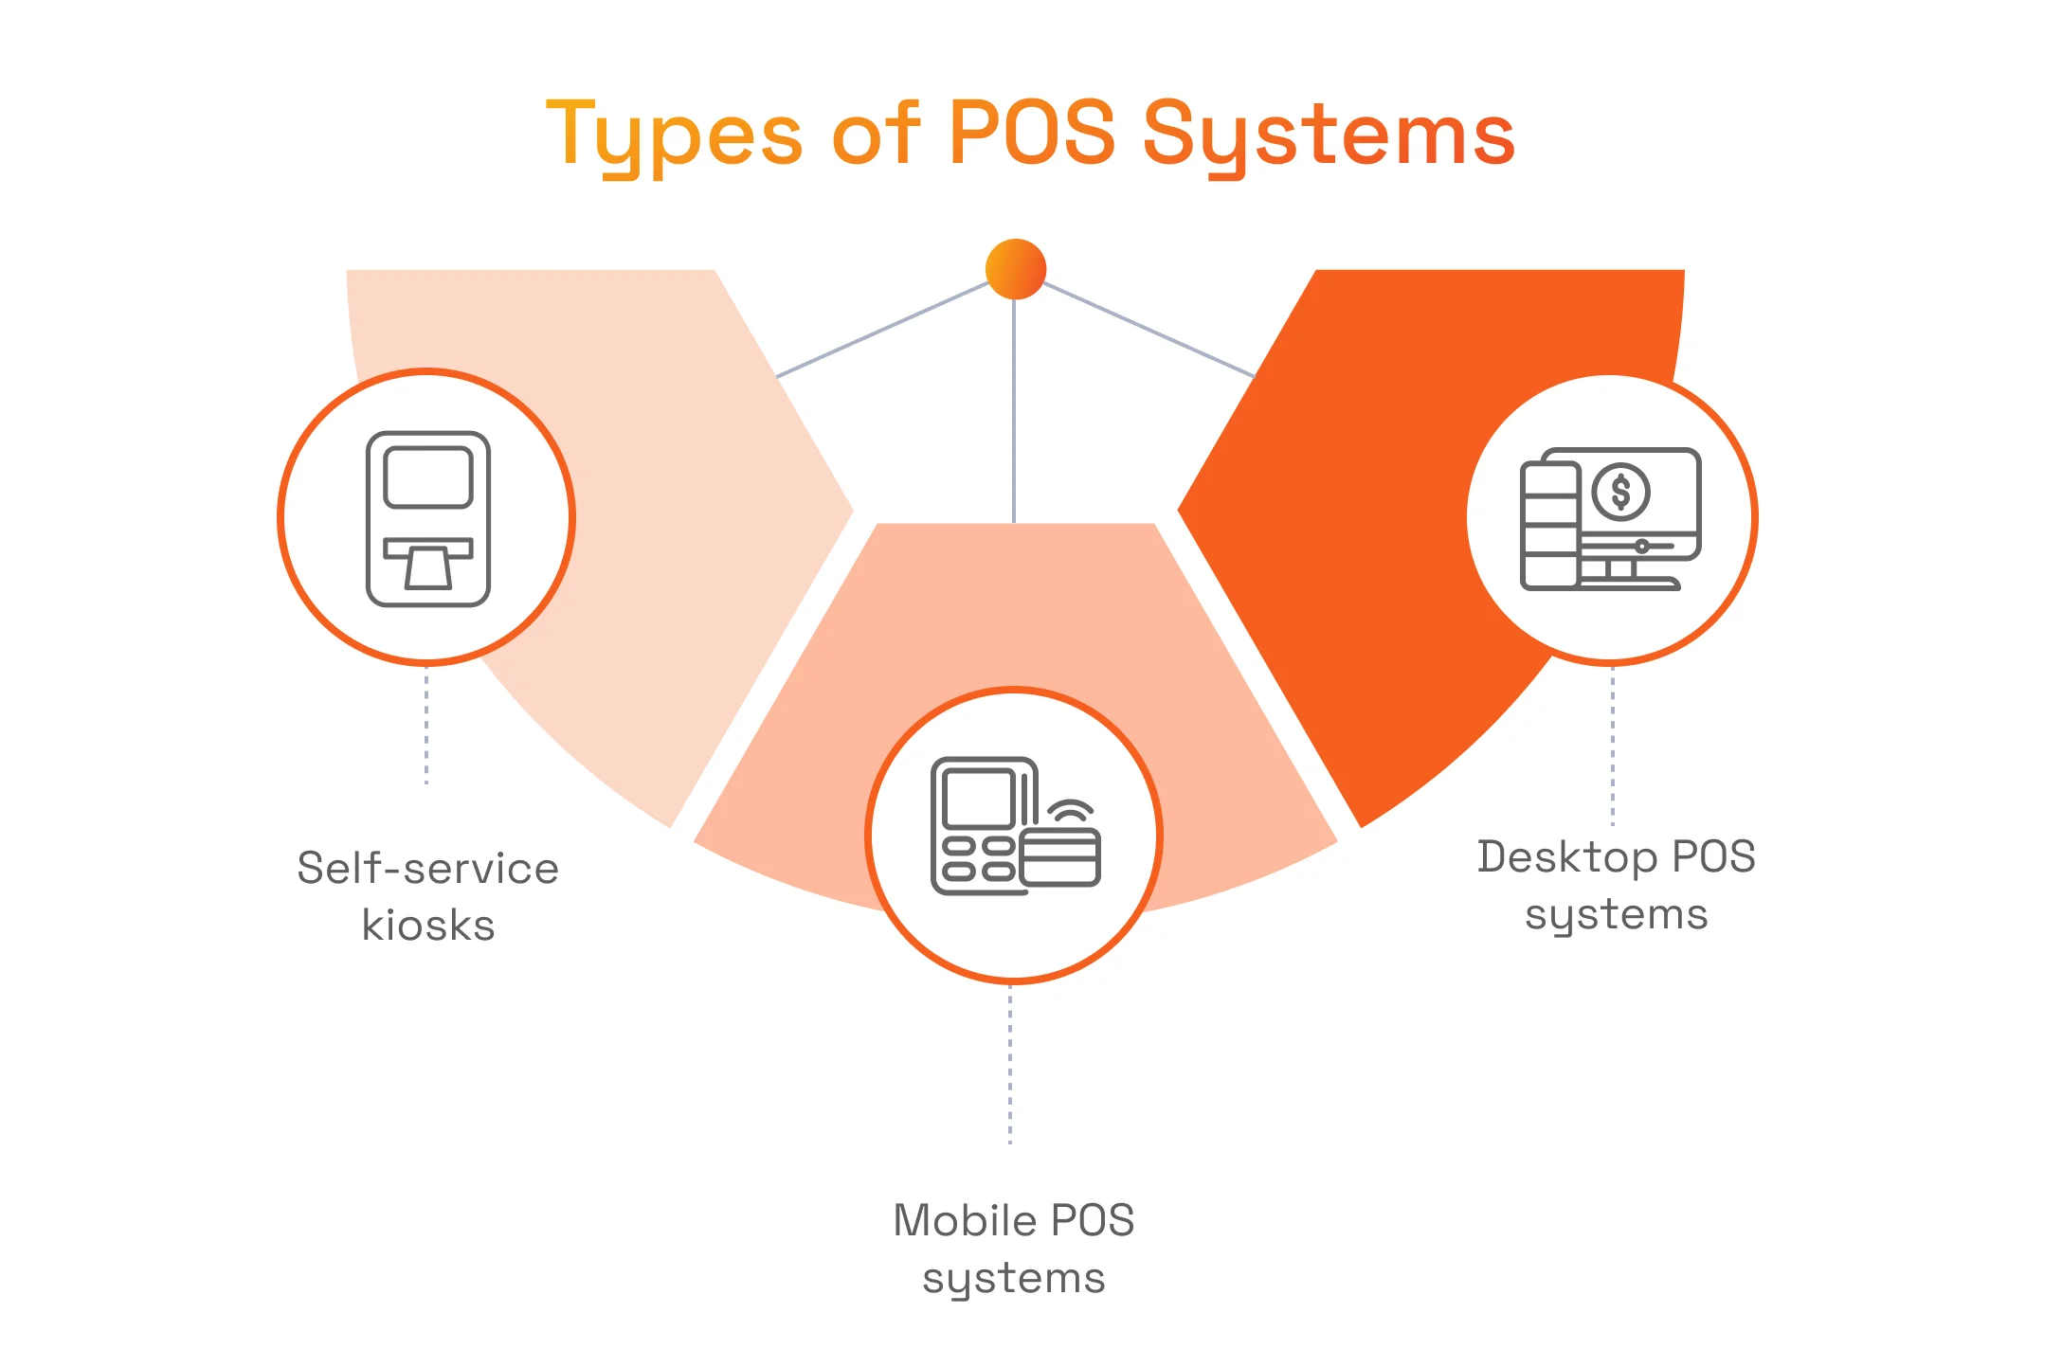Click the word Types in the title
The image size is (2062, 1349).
click(674, 135)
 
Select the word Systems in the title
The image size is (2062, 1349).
click(1329, 135)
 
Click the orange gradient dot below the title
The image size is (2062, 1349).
click(1015, 269)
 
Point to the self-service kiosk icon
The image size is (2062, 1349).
click(427, 518)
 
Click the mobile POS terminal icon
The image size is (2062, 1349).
click(1014, 826)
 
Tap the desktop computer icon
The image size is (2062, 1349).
click(1610, 519)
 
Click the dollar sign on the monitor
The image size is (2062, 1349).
click(1621, 493)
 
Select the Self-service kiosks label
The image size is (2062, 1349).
click(428, 896)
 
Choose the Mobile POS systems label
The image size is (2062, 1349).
click(1013, 1248)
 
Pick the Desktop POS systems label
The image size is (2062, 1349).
click(1616, 885)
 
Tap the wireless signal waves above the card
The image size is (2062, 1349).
click(1071, 811)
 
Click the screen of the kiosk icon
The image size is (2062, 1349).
click(428, 477)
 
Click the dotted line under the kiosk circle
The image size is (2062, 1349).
click(426, 726)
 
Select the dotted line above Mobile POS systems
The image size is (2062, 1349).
click(1010, 1065)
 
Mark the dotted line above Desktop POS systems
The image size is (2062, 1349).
click(1613, 746)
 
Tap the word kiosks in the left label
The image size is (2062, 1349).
click(428, 926)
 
